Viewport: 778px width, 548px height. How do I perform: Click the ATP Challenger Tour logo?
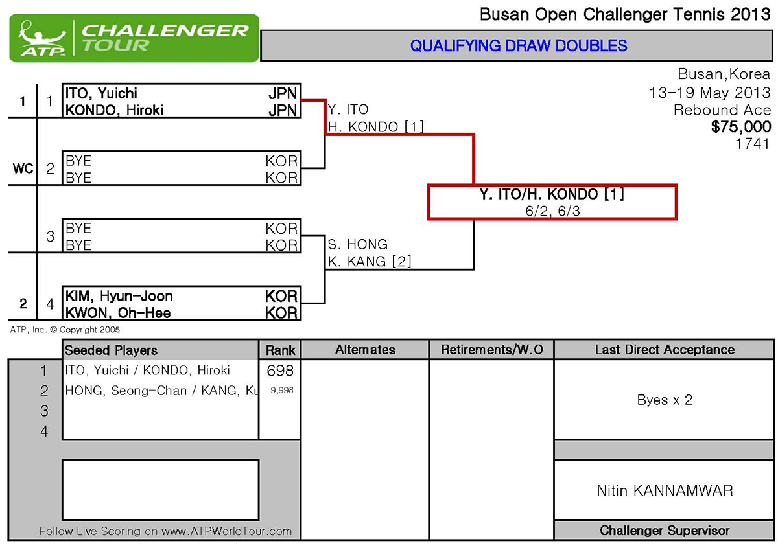tap(134, 38)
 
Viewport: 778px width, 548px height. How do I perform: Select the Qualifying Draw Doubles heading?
tap(519, 45)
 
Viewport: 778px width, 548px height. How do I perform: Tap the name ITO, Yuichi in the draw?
tap(101, 94)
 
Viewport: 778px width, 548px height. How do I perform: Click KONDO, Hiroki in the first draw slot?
tap(114, 110)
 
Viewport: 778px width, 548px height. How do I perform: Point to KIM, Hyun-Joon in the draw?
tap(119, 296)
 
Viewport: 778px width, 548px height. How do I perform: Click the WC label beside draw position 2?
tap(23, 169)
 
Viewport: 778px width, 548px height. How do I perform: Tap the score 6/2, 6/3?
tap(552, 211)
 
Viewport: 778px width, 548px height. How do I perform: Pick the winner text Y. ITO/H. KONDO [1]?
tap(552, 194)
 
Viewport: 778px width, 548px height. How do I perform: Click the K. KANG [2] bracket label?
tap(370, 261)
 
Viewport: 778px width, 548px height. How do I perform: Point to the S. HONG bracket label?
tap(358, 244)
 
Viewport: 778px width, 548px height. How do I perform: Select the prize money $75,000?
tap(740, 126)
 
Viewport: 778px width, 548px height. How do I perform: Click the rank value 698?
tap(280, 371)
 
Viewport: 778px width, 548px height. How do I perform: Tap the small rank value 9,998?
tap(280, 390)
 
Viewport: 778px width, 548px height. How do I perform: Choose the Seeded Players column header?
tap(111, 350)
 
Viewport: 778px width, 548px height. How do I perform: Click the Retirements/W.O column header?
tap(492, 350)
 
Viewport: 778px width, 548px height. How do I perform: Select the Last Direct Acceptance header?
tap(665, 350)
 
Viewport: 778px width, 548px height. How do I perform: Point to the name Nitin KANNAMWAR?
tap(665, 490)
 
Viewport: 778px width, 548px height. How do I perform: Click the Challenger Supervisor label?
tap(665, 531)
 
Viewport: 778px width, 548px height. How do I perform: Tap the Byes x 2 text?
tap(665, 400)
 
